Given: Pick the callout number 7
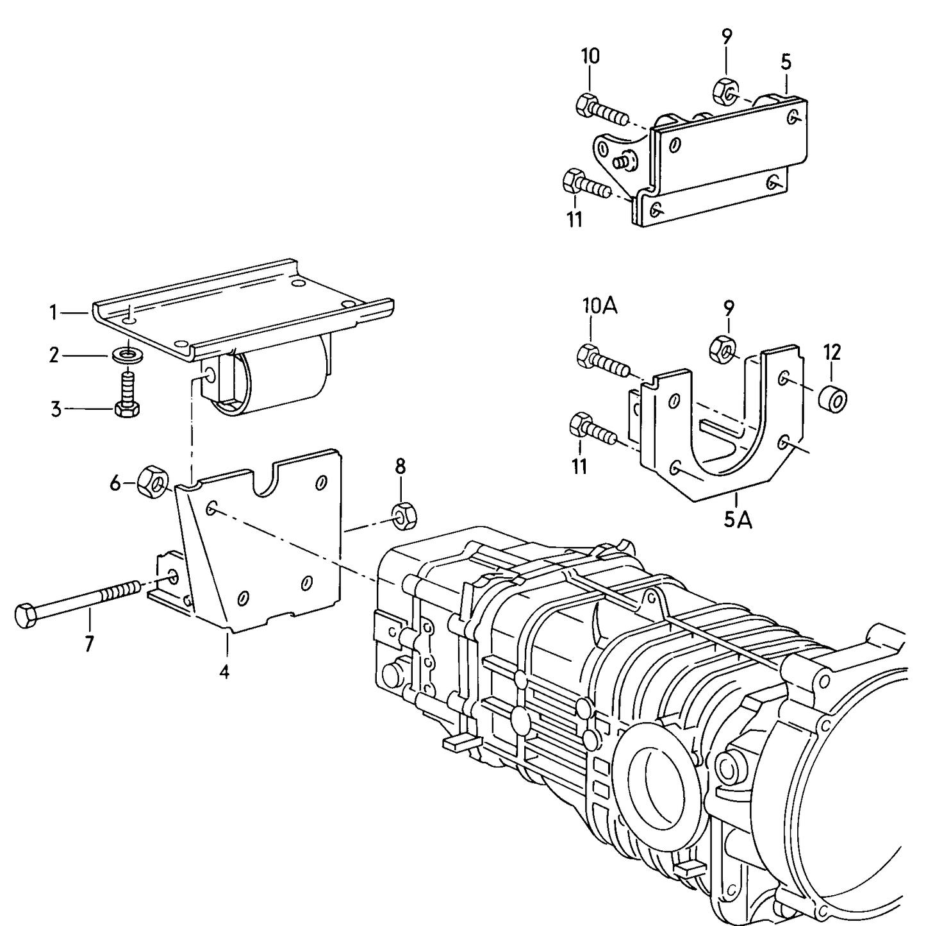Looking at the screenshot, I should (89, 643).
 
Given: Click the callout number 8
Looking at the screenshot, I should (401, 466).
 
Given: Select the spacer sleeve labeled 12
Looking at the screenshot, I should (833, 399).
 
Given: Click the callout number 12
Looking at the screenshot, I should (832, 352).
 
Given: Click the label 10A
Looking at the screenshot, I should (599, 307).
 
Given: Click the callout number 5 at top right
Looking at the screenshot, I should (786, 62).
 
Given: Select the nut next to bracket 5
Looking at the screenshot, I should (725, 92).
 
